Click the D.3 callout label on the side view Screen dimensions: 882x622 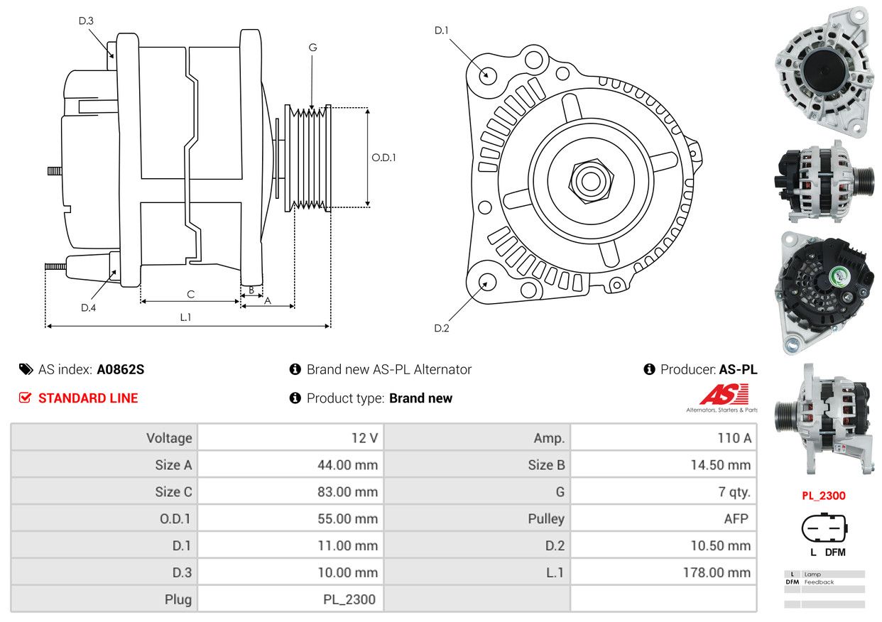pos(86,21)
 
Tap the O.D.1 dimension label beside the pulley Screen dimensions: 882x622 pos(383,158)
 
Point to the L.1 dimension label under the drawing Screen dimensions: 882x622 pos(185,317)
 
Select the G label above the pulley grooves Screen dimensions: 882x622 pos(312,48)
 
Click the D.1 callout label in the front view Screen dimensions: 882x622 pos(442,31)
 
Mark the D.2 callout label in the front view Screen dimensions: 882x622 pos(442,328)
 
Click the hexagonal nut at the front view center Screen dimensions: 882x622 pos(591,181)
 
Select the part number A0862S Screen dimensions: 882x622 pos(121,369)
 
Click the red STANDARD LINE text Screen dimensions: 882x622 pos(88,398)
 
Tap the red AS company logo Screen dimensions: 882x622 pos(724,394)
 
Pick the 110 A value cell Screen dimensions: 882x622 pos(734,438)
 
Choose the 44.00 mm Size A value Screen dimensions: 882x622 pos(348,465)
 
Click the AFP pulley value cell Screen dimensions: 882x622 pos(736,519)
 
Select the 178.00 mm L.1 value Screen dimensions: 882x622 pos(717,572)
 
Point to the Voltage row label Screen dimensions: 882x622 pos(169,438)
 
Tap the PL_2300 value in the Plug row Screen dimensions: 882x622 pos(349,599)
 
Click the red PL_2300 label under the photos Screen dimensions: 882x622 pos(824,496)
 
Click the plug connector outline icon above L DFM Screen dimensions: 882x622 pos(824,528)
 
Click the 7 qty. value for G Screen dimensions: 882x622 pos(734,491)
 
